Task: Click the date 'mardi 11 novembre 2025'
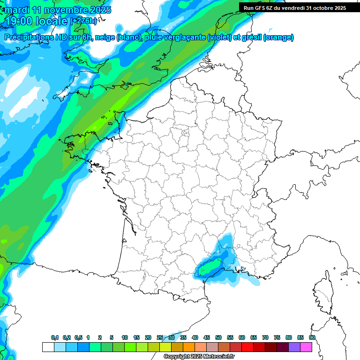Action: pyautogui.click(x=58, y=10)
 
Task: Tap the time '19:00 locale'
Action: pyautogui.click(x=37, y=21)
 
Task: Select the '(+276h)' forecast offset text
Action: pyautogui.click(x=83, y=21)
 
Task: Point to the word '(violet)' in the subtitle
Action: pyautogui.click(x=222, y=37)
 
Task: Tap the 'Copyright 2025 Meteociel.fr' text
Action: pyautogui.click(x=199, y=356)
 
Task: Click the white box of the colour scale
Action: pyautogui.click(x=48, y=347)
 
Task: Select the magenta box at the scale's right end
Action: pyautogui.click(x=306, y=347)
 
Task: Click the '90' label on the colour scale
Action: pyautogui.click(x=312, y=338)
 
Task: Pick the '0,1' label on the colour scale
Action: pyautogui.click(x=54, y=338)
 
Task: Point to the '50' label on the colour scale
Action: pyautogui.click(x=218, y=338)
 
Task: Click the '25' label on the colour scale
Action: pyautogui.click(x=160, y=338)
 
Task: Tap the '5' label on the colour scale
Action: pyautogui.click(x=112, y=338)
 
